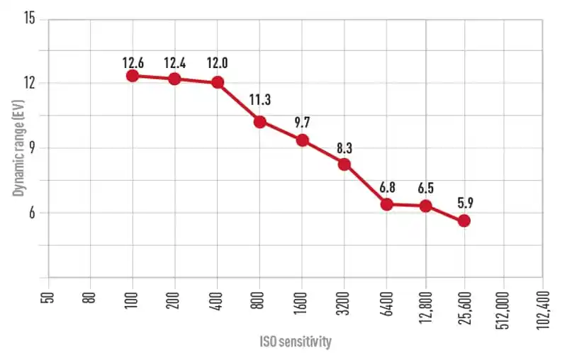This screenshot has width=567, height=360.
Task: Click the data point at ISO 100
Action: (133, 75)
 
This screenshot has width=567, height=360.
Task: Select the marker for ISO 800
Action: (259, 121)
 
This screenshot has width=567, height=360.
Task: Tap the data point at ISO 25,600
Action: (464, 220)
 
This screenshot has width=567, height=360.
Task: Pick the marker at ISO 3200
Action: (344, 164)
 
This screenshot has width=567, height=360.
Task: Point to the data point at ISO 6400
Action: (387, 204)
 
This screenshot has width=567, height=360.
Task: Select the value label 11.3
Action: (259, 99)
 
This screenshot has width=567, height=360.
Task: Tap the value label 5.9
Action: (464, 202)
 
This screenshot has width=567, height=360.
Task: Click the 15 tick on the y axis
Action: (29, 18)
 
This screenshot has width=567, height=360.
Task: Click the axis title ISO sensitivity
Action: (295, 342)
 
